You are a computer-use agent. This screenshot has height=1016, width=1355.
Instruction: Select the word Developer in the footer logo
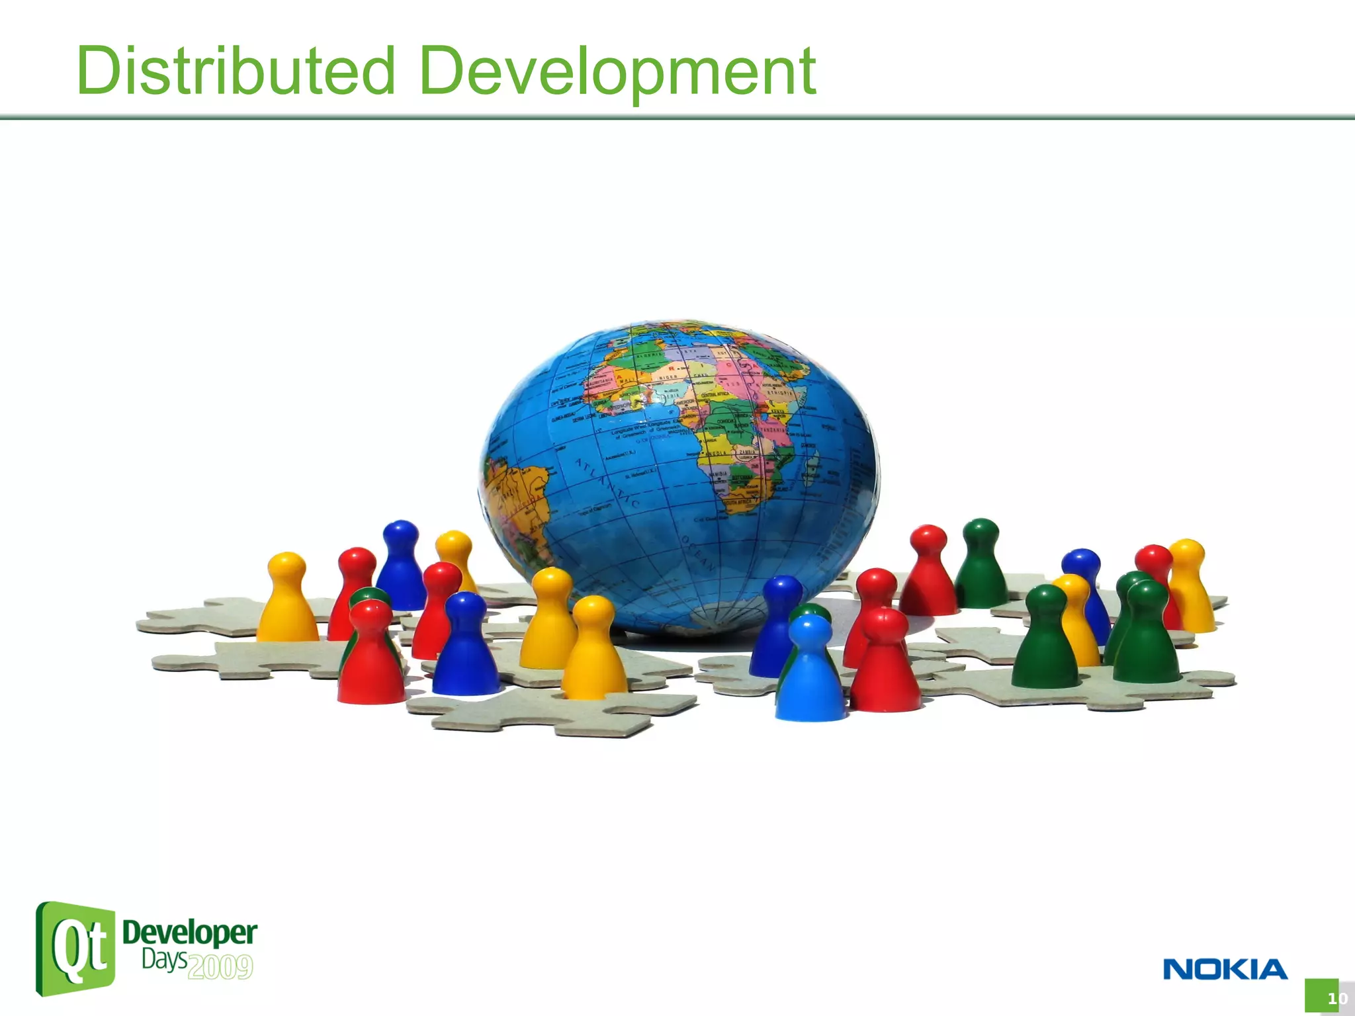pos(190,933)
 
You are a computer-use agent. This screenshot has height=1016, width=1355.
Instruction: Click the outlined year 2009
pos(220,967)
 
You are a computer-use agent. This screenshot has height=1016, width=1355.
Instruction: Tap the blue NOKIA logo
pos(1225,970)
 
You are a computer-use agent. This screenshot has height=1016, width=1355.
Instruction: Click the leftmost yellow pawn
pos(286,602)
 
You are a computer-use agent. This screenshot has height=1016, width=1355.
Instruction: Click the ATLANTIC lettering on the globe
pos(605,483)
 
